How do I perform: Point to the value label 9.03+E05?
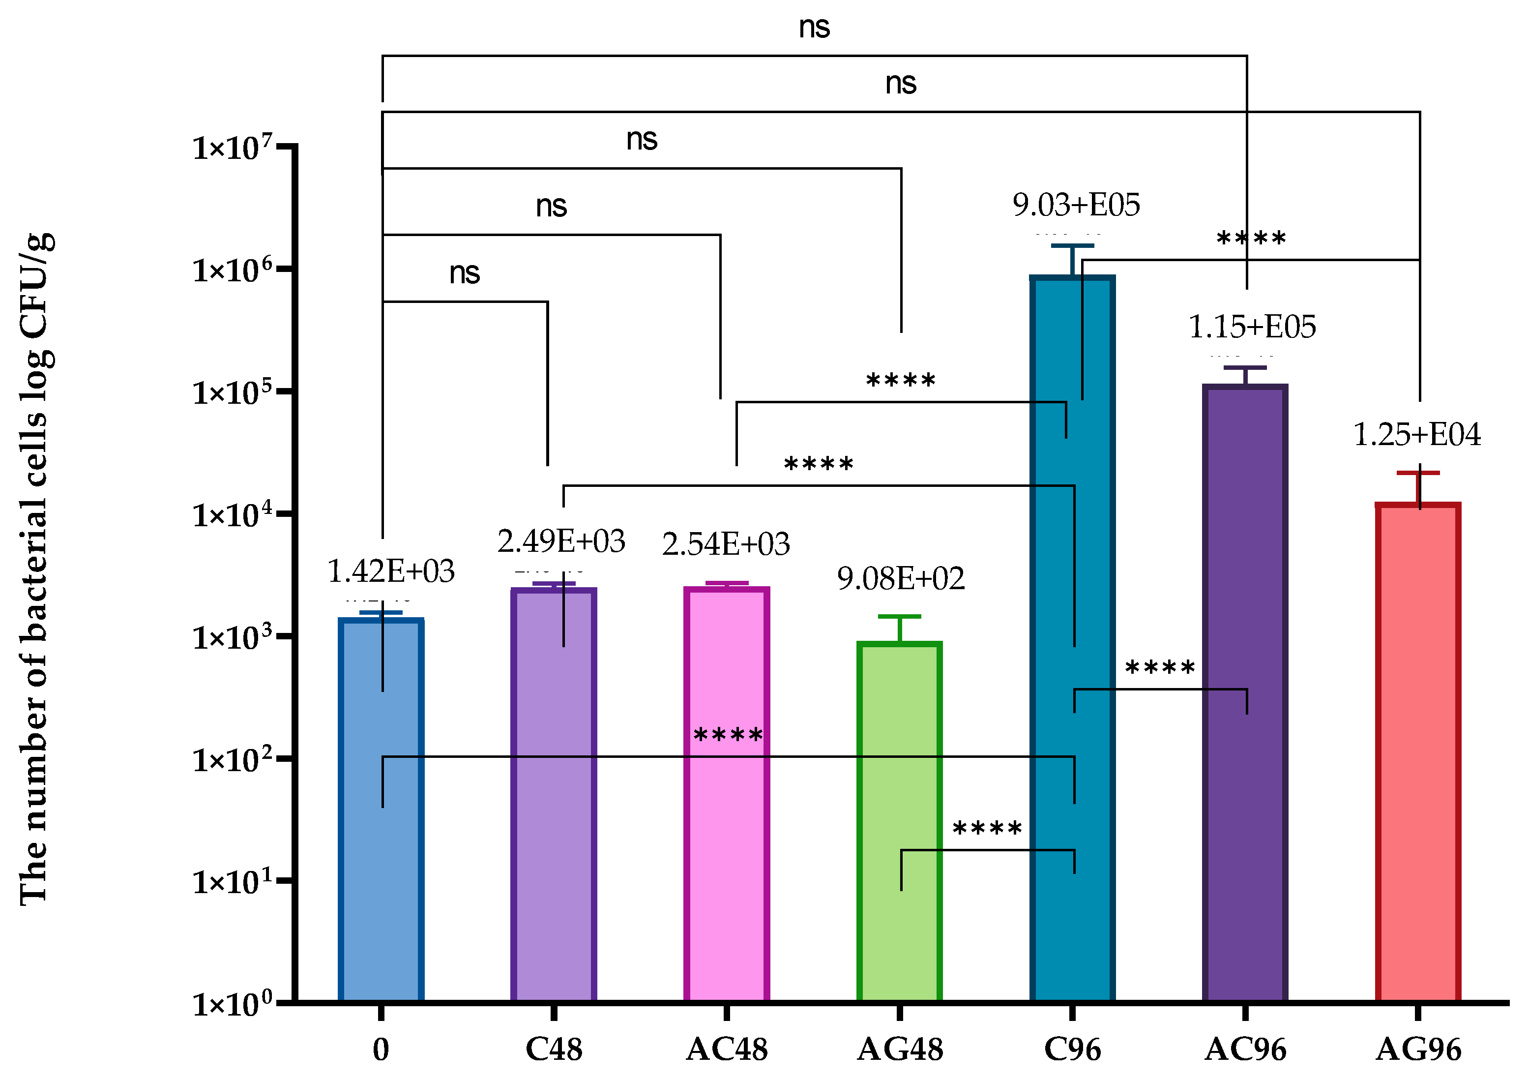1076,205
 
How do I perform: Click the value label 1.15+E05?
1252,327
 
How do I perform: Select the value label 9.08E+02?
901,578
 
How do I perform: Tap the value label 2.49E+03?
561,541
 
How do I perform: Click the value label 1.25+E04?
1417,435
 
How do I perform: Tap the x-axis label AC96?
1245,1049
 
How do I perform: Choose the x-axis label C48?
554,1049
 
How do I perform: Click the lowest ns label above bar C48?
465,273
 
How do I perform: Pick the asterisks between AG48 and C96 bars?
987,829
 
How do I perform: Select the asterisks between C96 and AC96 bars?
1160,668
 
